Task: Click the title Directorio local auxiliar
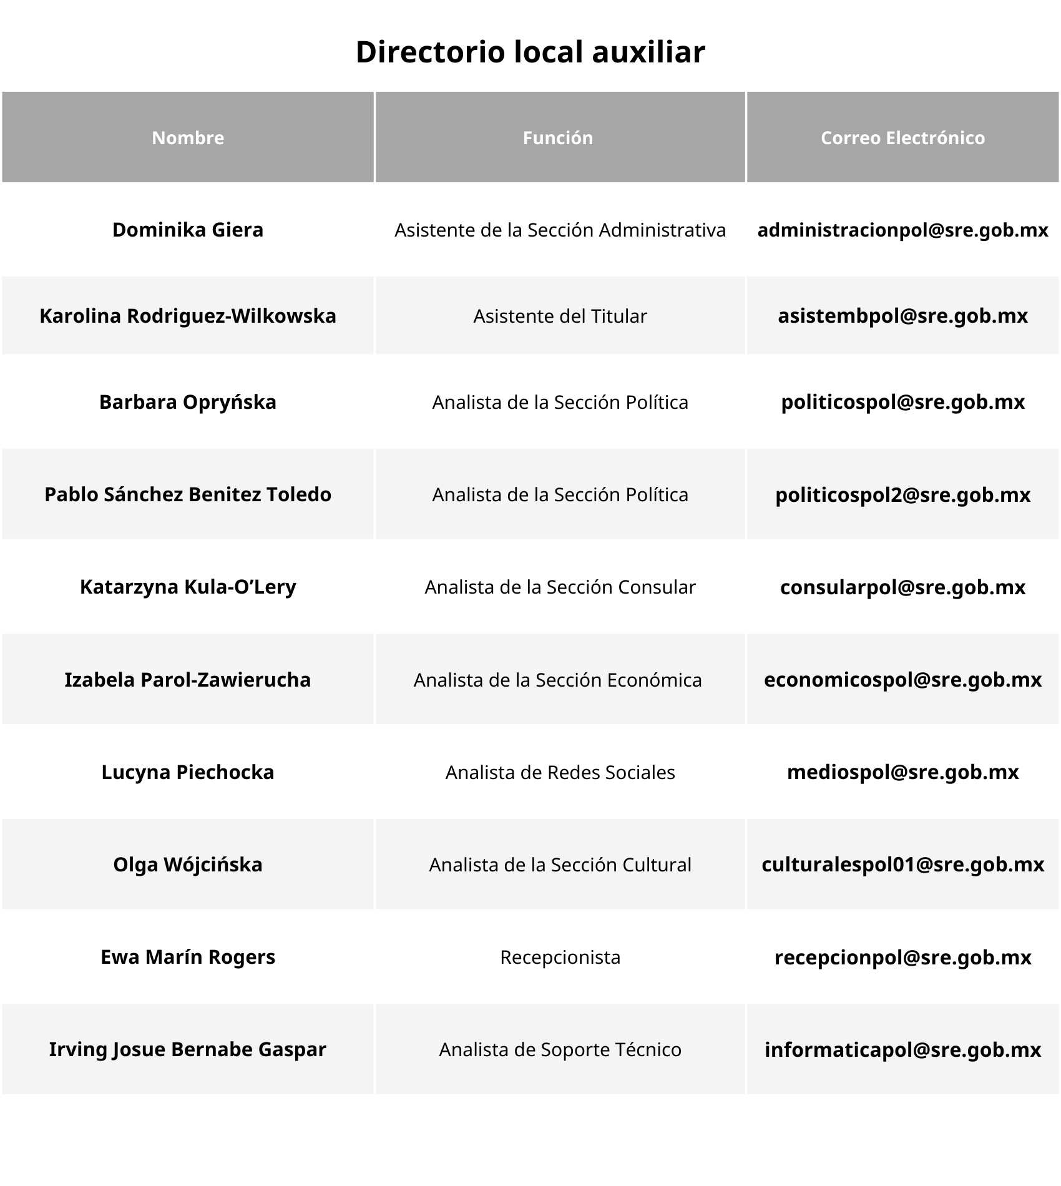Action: (x=530, y=52)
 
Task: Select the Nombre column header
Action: (x=188, y=138)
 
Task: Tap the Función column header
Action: (x=558, y=138)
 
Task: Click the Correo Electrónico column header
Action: (x=902, y=138)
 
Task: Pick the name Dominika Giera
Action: (x=188, y=230)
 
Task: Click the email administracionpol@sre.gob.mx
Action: (x=902, y=230)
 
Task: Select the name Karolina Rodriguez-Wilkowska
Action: (x=188, y=316)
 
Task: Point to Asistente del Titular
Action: (x=560, y=316)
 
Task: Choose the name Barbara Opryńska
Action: (x=188, y=402)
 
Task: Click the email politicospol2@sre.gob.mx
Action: (x=902, y=495)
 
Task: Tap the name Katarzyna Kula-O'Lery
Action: (x=188, y=587)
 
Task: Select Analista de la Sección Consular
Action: (x=560, y=587)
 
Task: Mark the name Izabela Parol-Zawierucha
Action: (x=188, y=679)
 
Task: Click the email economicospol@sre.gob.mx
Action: (x=902, y=679)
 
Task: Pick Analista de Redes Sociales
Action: (x=560, y=773)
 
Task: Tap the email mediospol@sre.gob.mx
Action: (x=902, y=772)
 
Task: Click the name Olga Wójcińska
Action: (x=188, y=865)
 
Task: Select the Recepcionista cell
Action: (x=560, y=958)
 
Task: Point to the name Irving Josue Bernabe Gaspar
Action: (x=188, y=1049)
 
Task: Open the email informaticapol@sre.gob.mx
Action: (x=902, y=1050)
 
